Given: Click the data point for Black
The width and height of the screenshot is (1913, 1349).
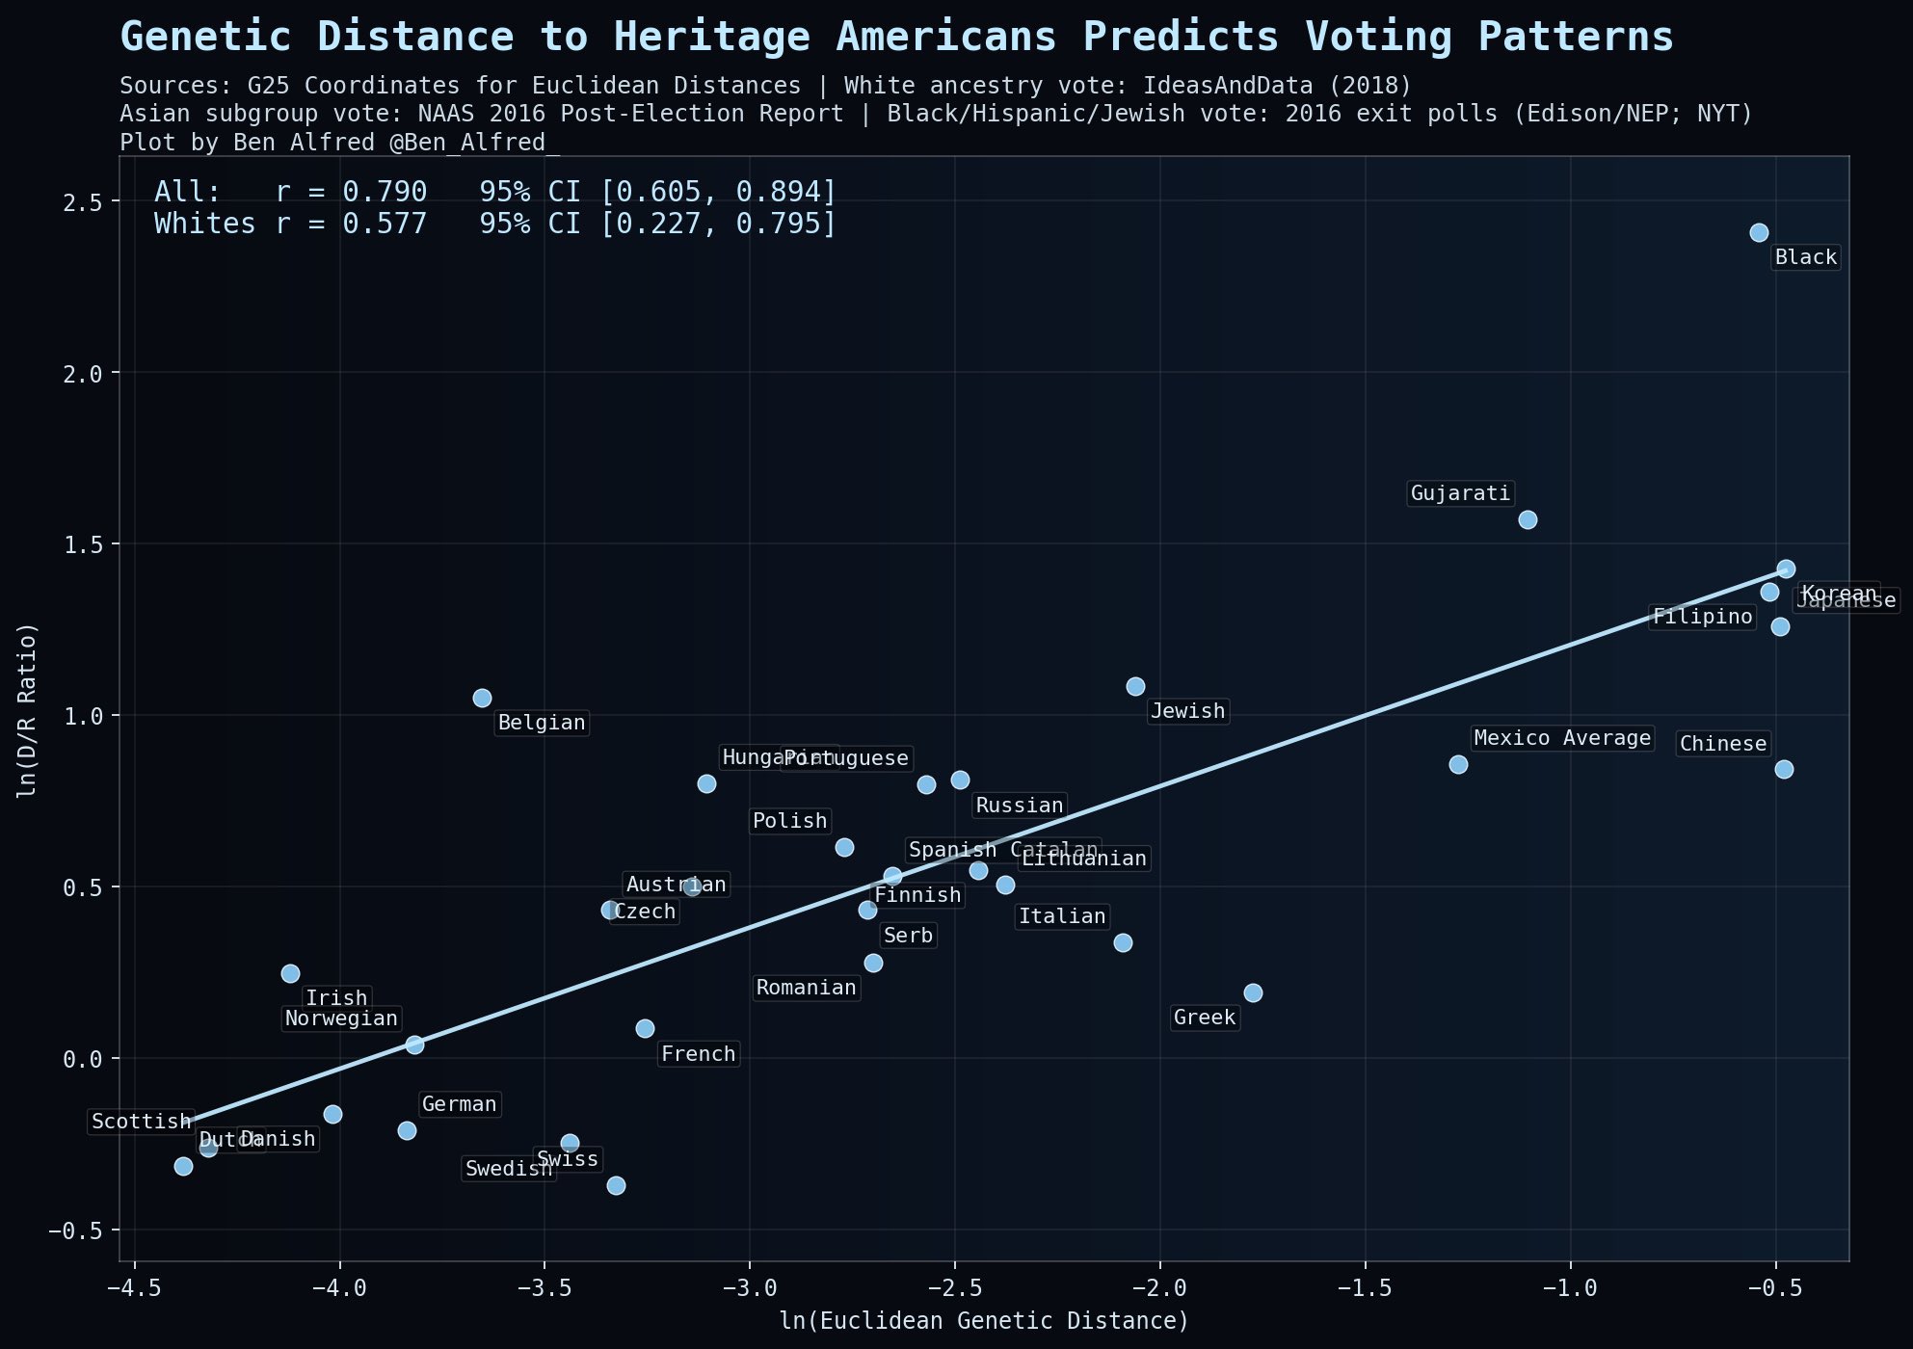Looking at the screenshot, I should point(1759,232).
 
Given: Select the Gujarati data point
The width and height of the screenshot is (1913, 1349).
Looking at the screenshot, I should point(1528,519).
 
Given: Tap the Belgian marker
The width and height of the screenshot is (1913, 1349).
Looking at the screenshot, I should point(482,698).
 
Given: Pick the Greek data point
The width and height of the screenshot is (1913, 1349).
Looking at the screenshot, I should point(1253,992).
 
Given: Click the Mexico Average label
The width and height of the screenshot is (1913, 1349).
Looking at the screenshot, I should point(1562,738).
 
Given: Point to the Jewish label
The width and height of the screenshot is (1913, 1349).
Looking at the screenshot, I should point(1187,711).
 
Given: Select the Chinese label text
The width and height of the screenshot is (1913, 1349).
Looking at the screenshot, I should point(1722,744).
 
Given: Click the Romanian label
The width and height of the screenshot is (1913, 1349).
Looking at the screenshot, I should point(806,988).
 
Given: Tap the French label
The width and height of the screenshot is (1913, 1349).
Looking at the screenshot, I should point(699,1054).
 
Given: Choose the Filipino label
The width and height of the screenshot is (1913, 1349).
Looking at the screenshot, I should point(1702,617).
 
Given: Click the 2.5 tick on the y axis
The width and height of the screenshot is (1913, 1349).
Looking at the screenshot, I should point(93,201).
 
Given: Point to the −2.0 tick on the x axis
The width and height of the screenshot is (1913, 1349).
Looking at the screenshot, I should point(1159,1289).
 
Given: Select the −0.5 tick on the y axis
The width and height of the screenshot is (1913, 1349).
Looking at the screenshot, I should point(88,1230).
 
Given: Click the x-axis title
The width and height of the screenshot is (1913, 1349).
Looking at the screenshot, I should point(984,1321).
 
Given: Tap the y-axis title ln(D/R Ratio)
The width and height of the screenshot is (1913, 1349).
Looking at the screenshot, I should point(28,710).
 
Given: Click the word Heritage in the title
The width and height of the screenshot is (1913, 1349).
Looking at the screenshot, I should point(711,38).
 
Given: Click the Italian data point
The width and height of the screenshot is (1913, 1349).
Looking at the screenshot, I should point(1123,942).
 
